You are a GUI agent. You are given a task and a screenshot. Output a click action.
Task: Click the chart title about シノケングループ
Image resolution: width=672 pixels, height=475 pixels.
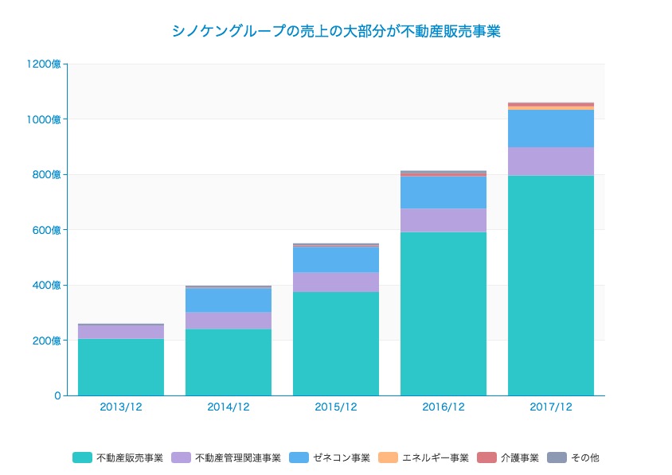(x=335, y=32)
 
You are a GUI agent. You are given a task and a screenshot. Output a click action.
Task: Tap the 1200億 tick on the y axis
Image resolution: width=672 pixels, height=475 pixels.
(x=45, y=64)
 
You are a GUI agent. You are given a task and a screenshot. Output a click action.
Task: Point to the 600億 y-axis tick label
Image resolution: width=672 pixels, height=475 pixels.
(x=47, y=230)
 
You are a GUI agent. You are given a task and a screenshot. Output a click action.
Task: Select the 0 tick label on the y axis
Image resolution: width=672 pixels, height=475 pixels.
(x=57, y=395)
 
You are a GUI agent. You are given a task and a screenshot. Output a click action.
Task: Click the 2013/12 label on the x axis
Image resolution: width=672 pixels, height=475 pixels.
(x=121, y=407)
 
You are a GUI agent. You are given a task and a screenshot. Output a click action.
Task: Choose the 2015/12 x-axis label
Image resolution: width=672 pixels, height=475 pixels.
(x=336, y=407)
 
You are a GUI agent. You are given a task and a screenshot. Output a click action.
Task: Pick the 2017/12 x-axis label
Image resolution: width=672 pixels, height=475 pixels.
(x=551, y=407)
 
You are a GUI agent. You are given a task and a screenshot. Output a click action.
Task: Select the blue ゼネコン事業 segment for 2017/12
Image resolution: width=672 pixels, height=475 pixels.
(x=551, y=128)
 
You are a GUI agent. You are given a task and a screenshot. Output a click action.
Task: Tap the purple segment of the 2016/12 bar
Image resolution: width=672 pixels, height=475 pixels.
(x=443, y=220)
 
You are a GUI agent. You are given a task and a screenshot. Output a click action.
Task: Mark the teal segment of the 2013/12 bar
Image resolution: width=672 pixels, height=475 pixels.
(x=121, y=367)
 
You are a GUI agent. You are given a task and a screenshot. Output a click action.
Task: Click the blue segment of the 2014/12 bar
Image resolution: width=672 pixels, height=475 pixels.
(x=229, y=299)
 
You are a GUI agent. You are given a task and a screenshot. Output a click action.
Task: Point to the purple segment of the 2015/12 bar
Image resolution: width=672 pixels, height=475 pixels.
(x=336, y=282)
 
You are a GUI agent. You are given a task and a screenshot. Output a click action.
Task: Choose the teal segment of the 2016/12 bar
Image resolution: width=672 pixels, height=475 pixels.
(x=443, y=313)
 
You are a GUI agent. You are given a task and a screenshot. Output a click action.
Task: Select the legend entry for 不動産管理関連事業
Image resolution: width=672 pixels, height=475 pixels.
(x=226, y=457)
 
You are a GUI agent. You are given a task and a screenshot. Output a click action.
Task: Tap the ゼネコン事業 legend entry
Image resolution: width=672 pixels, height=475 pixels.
(x=330, y=457)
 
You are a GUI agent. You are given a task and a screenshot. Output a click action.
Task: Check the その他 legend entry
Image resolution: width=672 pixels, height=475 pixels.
(x=574, y=457)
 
